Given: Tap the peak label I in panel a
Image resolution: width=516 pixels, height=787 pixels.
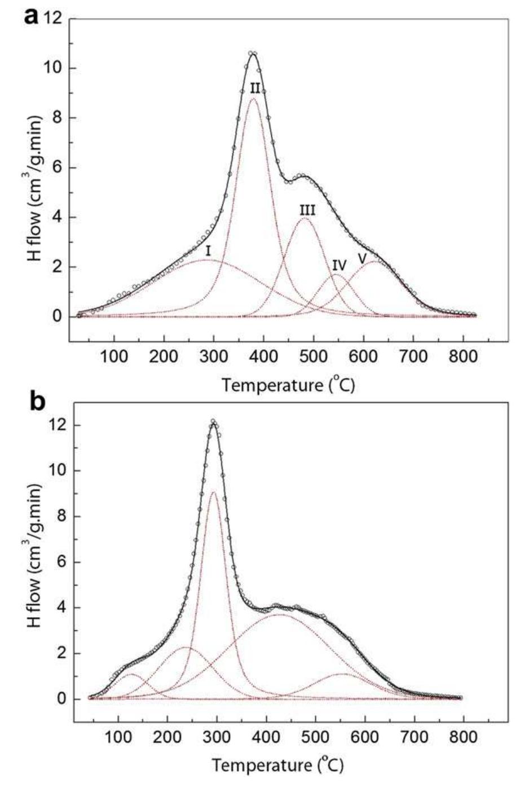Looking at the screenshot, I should pos(208,249).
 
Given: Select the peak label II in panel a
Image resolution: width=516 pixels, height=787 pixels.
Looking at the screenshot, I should pos(255,88).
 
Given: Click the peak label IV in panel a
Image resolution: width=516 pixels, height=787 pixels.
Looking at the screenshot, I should pos(339,264).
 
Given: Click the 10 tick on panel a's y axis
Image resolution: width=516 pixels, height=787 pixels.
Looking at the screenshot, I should pos(52,69).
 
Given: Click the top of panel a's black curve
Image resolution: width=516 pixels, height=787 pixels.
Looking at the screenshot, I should pos(253,54).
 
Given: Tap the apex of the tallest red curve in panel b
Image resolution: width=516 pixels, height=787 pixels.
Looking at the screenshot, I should pos(213,492).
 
